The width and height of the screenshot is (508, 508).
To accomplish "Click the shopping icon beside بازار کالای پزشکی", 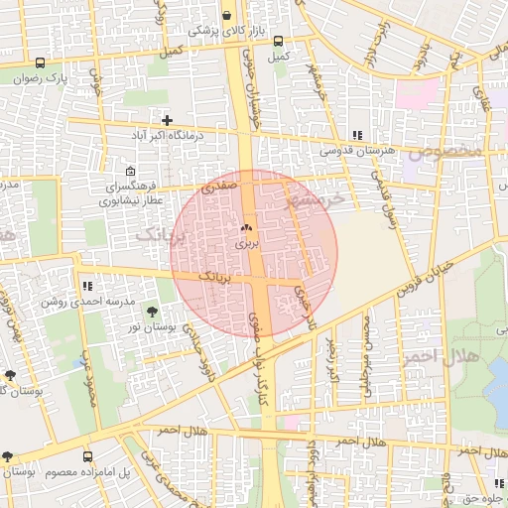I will pos(228,16).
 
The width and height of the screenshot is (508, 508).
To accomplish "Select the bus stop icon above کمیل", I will pos(278,42).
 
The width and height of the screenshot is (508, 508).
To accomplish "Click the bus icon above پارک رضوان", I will pos(39,62).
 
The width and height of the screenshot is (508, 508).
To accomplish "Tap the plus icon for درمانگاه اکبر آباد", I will pos(168,119).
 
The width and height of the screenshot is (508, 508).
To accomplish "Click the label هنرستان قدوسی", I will pos(357,150).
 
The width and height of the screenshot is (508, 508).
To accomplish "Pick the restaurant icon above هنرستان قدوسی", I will pos(357,135).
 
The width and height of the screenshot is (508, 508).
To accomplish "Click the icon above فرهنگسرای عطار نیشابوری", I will pos(131,171).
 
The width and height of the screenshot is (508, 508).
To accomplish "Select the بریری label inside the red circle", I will pos(245,242).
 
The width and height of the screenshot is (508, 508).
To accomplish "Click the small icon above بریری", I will pos(245,228).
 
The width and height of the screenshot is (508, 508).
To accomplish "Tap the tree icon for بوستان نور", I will pos(151,314).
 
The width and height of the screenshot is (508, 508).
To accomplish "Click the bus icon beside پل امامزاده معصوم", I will pos(88,456).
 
